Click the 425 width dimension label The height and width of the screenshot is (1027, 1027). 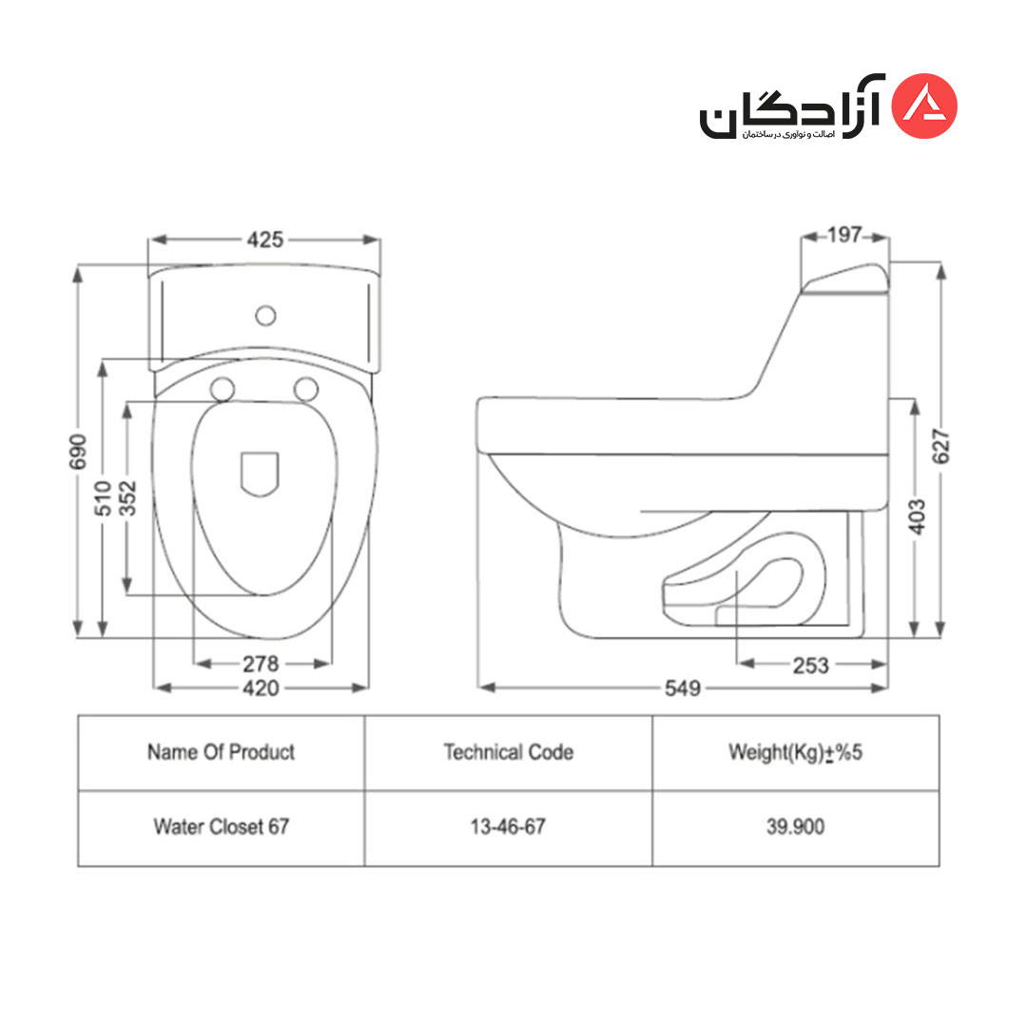[x=265, y=240]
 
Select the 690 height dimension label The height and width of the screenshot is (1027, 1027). [x=78, y=452]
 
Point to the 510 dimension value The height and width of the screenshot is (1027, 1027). [x=103, y=498]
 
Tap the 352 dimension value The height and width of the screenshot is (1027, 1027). [x=127, y=498]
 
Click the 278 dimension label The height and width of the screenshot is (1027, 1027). [x=261, y=664]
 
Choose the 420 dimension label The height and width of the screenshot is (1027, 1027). [x=261, y=688]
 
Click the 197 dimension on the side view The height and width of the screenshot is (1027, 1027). [x=844, y=235]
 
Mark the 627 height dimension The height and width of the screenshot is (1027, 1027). [x=940, y=447]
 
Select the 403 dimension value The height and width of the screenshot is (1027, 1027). [x=918, y=516]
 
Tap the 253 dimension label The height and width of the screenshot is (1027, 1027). [x=811, y=666]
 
